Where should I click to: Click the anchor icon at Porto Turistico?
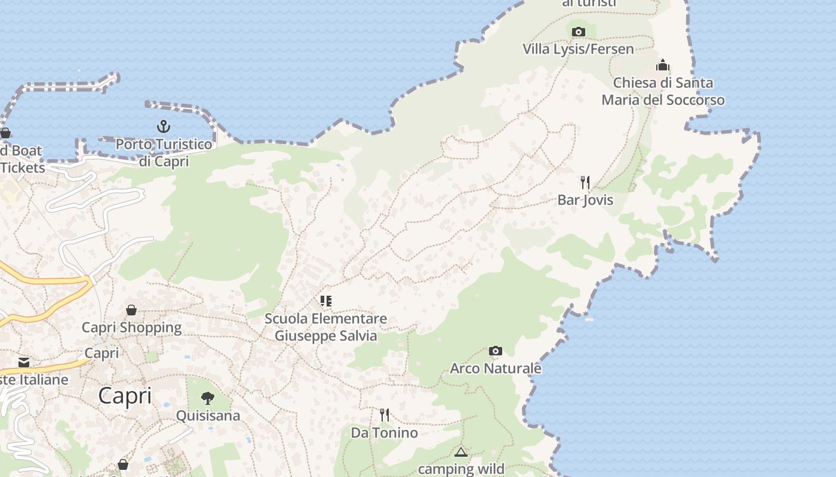pyautogui.click(x=163, y=126)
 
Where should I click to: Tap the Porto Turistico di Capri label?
pyautogui.click(x=164, y=153)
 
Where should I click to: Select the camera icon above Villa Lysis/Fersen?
pyautogui.click(x=578, y=32)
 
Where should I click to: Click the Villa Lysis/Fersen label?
pyautogui.click(x=578, y=49)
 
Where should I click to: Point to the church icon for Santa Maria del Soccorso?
pyautogui.click(x=663, y=65)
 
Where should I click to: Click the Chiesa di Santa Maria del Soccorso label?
pyautogui.click(x=663, y=91)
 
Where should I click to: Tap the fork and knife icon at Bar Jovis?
pyautogui.click(x=585, y=182)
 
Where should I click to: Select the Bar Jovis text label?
pyautogui.click(x=585, y=200)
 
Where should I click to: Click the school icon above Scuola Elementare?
pyautogui.click(x=325, y=301)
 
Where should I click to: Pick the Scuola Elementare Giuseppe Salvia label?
pyautogui.click(x=325, y=327)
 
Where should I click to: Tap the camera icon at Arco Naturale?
pyautogui.click(x=495, y=351)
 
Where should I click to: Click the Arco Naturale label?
pyautogui.click(x=495, y=368)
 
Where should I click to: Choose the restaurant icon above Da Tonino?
pyautogui.click(x=385, y=415)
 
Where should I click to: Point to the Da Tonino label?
pyautogui.click(x=384, y=432)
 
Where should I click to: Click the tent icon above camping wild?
pyautogui.click(x=460, y=452)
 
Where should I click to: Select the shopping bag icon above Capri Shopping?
pyautogui.click(x=131, y=310)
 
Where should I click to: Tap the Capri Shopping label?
pyautogui.click(x=131, y=327)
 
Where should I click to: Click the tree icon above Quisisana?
pyautogui.click(x=208, y=398)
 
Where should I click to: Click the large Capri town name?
pyautogui.click(x=125, y=395)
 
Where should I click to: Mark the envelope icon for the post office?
pyautogui.click(x=24, y=363)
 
